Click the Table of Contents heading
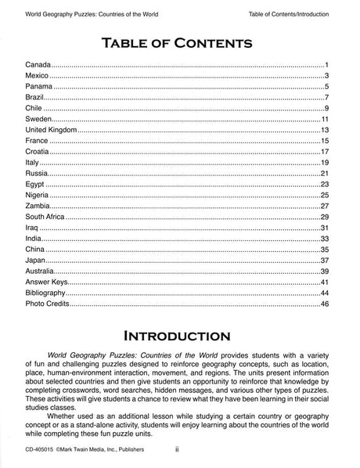[179, 39]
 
